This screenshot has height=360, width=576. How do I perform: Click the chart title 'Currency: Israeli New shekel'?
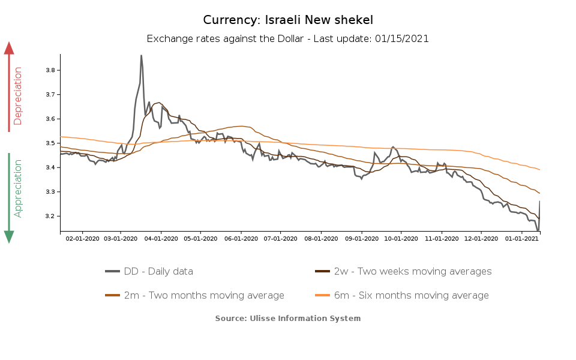[x=287, y=20]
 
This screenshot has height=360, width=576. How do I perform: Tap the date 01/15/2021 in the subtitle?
[x=401, y=38]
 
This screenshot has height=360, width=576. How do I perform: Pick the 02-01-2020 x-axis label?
[x=82, y=238]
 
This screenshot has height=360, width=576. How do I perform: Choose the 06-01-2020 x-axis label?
[x=241, y=238]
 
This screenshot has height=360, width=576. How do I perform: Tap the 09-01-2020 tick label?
[x=361, y=238]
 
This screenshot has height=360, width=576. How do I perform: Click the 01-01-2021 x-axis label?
[x=522, y=238]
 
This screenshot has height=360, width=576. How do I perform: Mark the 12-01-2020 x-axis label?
[x=482, y=238]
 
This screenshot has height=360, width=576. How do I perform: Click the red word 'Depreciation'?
[x=18, y=95]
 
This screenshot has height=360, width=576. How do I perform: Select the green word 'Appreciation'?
[x=18, y=188]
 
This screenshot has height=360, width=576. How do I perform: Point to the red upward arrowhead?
[x=9, y=48]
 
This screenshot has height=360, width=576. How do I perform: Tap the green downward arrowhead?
[x=9, y=236]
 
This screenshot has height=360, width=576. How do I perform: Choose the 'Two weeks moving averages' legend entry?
[x=413, y=271]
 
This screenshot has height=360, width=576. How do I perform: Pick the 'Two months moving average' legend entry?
[x=204, y=295]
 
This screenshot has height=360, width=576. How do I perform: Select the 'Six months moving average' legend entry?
[x=411, y=295]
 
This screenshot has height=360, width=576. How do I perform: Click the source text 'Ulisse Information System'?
[x=305, y=318]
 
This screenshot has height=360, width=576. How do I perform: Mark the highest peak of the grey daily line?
[x=141, y=56]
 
